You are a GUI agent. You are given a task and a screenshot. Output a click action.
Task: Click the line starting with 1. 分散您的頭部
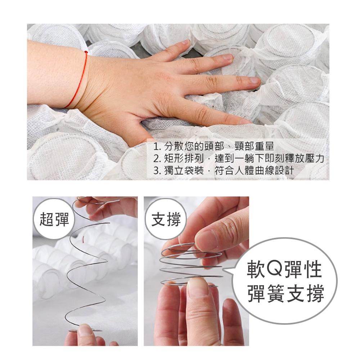(x=213, y=147)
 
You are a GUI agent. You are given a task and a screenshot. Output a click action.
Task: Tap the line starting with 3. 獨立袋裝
(x=223, y=170)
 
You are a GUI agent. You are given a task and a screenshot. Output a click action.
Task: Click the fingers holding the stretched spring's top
(x=108, y=207)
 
